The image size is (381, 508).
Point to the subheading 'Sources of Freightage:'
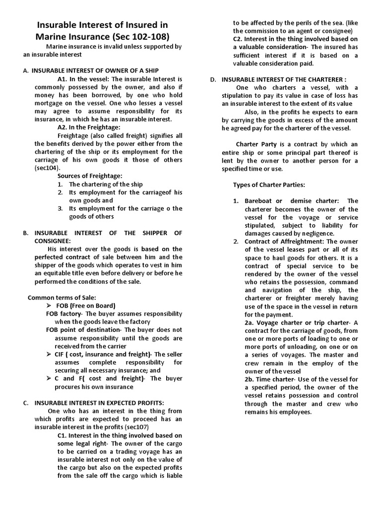click(x=90, y=176)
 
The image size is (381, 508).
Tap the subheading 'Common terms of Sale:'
click(x=62, y=297)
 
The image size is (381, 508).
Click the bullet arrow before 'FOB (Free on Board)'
click(x=49, y=306)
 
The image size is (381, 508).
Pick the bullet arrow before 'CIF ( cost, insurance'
click(x=49, y=354)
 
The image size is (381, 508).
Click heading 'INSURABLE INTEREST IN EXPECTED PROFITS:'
click(x=98, y=402)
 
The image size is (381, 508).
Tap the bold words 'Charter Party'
click(x=253, y=144)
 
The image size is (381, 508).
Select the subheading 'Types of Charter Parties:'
click(x=269, y=185)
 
